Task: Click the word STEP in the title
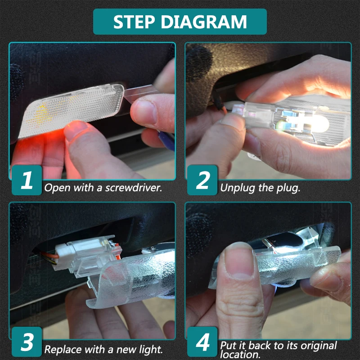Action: [134, 22]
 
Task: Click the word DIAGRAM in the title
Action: [204, 22]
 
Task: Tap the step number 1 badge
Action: [27, 180]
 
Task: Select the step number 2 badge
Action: [202, 180]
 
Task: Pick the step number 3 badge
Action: [27, 342]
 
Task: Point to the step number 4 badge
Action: [202, 342]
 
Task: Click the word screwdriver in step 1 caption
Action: [134, 188]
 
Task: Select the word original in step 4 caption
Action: [319, 346]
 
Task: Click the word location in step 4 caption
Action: [240, 354]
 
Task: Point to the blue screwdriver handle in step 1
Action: [166, 140]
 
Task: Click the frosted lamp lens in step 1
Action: [71, 110]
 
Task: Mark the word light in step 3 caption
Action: [151, 350]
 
